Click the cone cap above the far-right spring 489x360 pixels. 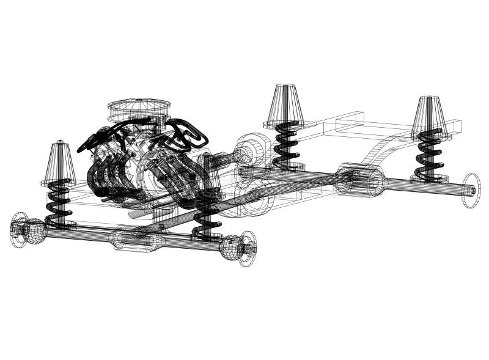click(x=430, y=116)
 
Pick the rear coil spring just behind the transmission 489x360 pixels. click(x=285, y=144)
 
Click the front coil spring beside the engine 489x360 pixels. click(x=207, y=214)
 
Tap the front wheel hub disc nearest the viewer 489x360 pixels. click(x=247, y=248)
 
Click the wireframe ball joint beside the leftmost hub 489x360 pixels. click(x=35, y=230)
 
